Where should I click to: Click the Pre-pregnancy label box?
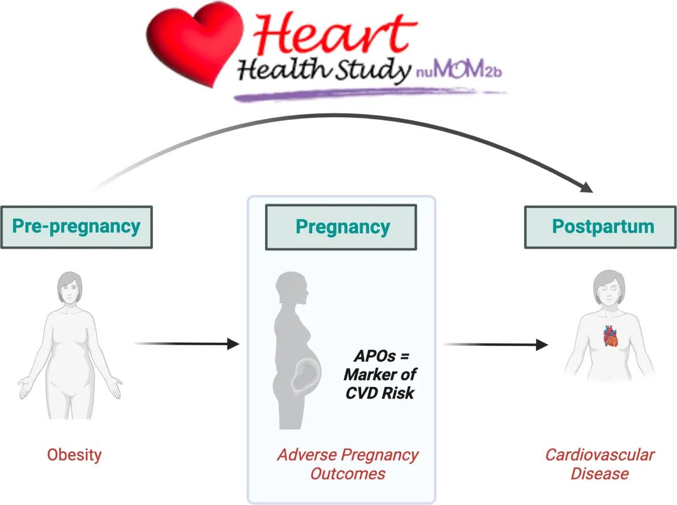(x=76, y=227)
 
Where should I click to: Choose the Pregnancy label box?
(x=341, y=227)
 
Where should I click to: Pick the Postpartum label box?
(x=601, y=227)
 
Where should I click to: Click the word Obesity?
(x=74, y=455)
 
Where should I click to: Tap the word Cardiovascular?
(x=600, y=454)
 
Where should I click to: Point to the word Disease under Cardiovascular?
(x=600, y=474)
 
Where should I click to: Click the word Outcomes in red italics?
(x=347, y=474)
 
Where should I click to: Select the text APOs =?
(x=381, y=356)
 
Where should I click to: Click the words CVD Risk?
(x=380, y=393)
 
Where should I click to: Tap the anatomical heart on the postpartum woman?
(x=611, y=336)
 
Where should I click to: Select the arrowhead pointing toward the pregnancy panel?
(x=233, y=344)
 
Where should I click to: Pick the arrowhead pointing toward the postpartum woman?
(x=542, y=345)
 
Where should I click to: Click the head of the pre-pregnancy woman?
(x=70, y=288)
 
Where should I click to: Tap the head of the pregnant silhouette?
(x=293, y=287)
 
